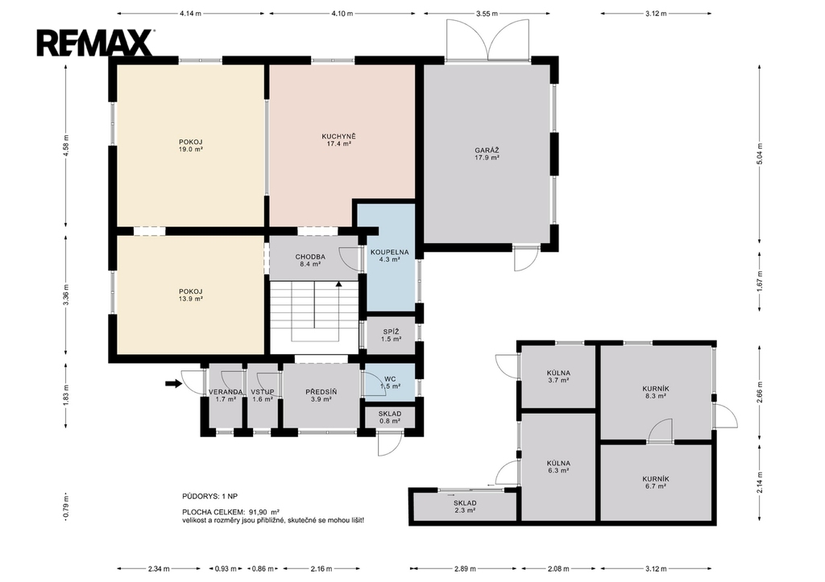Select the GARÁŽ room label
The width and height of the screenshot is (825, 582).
487,154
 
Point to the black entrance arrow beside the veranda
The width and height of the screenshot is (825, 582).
174,384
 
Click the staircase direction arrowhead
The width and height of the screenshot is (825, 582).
339,284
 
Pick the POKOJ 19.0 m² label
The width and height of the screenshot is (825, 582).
190,146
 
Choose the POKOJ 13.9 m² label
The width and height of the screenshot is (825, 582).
190,295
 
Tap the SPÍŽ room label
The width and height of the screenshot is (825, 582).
391,336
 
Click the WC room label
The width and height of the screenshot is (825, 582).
390,382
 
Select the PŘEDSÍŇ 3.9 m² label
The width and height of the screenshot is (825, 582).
321,395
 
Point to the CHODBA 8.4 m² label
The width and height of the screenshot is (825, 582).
310,261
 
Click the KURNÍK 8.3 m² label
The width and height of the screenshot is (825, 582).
656,392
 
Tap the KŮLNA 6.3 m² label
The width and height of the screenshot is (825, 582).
558,467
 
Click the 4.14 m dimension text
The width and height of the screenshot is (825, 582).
190,14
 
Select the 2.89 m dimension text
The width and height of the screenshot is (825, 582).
465,569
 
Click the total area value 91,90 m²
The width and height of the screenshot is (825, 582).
267,511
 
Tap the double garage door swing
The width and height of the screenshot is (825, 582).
487,40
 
